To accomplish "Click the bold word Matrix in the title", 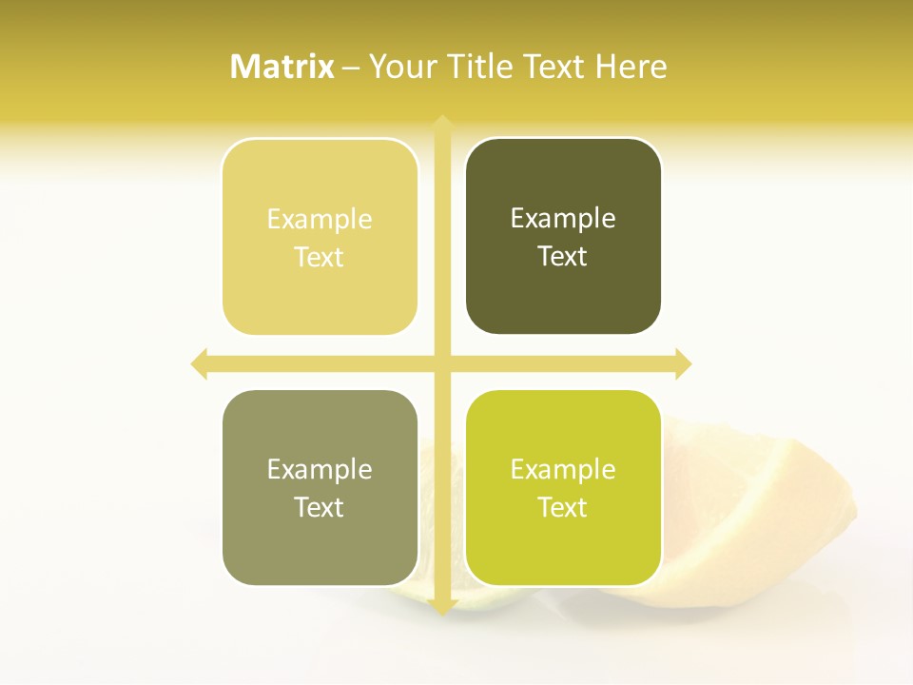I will (282, 67).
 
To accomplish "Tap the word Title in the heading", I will (481, 67).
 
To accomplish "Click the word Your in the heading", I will (403, 67).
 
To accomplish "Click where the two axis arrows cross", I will (442, 363).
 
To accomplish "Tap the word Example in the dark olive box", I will (563, 219).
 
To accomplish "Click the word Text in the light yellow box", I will (320, 257).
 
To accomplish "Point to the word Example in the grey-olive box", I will (320, 469).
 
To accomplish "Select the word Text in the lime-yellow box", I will (563, 507).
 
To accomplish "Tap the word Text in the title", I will (554, 67).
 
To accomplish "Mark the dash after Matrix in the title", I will (352, 68).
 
